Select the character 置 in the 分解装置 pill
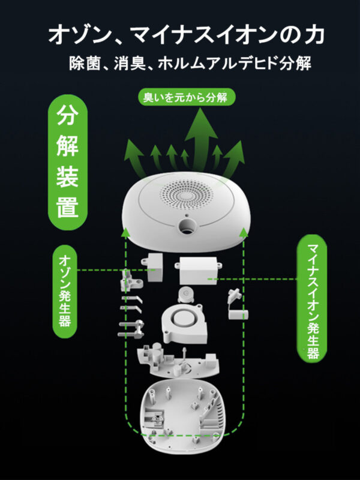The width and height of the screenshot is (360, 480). (x=68, y=208)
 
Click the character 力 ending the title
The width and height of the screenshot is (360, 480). (x=313, y=34)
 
